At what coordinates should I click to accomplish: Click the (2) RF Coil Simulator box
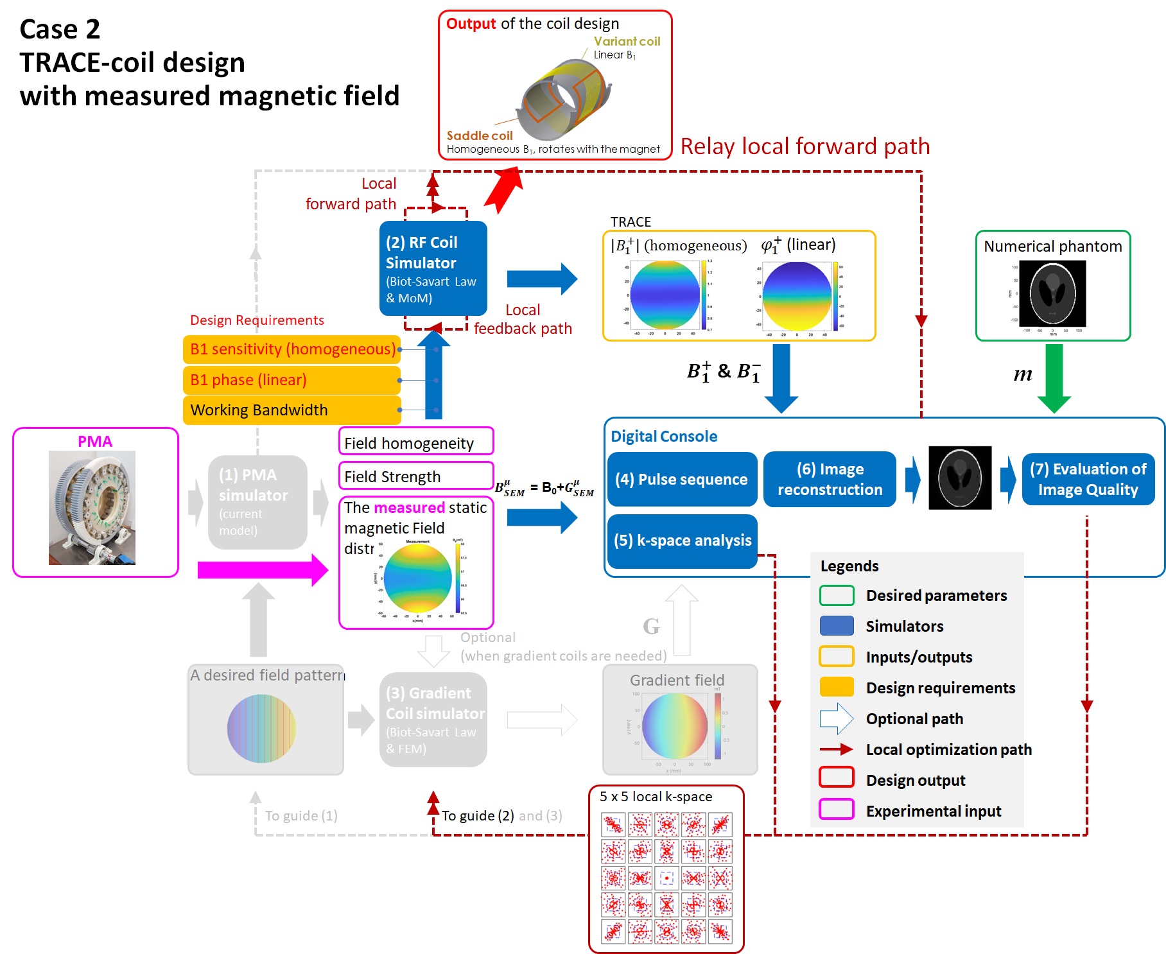(433, 268)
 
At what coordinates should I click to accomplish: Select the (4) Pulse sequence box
(682, 480)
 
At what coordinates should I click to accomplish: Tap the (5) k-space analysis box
(682, 541)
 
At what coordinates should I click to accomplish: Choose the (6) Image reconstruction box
(830, 480)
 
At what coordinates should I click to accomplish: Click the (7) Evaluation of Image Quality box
(1088, 480)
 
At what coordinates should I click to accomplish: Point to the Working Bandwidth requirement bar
(291, 410)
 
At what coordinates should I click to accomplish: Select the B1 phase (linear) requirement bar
(291, 380)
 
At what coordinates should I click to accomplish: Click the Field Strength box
(415, 476)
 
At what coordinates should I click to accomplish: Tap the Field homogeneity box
(415, 443)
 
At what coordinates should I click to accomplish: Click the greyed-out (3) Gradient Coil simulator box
(433, 720)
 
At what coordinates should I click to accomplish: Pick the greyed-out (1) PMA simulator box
(257, 502)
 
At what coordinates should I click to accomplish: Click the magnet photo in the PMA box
(92, 507)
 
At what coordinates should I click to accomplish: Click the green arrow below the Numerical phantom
(1054, 377)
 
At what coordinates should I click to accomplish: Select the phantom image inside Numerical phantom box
(1052, 293)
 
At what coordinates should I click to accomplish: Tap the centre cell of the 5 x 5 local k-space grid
(666, 878)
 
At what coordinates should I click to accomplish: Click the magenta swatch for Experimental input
(836, 810)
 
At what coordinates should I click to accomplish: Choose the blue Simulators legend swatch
(836, 625)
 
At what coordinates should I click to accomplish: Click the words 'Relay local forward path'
(805, 146)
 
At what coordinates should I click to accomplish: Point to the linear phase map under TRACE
(797, 296)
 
